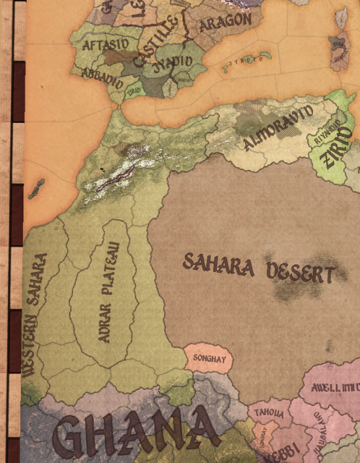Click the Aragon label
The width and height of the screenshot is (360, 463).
pos(225,24)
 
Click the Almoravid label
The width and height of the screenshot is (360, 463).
pos(278,127)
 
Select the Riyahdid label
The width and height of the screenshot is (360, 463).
pos(327,131)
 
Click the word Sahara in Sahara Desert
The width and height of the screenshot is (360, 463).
pos(218,265)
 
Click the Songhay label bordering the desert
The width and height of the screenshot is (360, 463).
pos(208,358)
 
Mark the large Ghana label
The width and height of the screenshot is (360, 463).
pos(135,433)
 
